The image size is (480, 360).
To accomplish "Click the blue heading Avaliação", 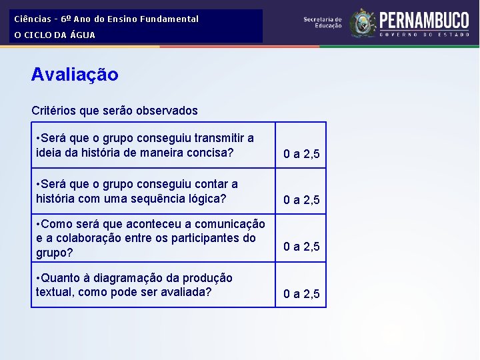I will (x=75, y=75).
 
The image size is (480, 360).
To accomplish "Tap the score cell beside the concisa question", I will (x=301, y=155).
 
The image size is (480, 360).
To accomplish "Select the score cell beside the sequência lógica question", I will (x=301, y=200).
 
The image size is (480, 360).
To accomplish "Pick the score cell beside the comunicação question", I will (x=301, y=247).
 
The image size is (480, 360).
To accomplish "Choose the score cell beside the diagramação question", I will (x=301, y=294).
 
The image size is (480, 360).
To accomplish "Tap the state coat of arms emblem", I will (x=363, y=23).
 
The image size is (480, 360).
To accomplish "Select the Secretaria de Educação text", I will (x=323, y=23).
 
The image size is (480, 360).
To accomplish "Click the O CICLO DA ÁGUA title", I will (x=55, y=35).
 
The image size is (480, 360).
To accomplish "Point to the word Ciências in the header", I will (x=33, y=19).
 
